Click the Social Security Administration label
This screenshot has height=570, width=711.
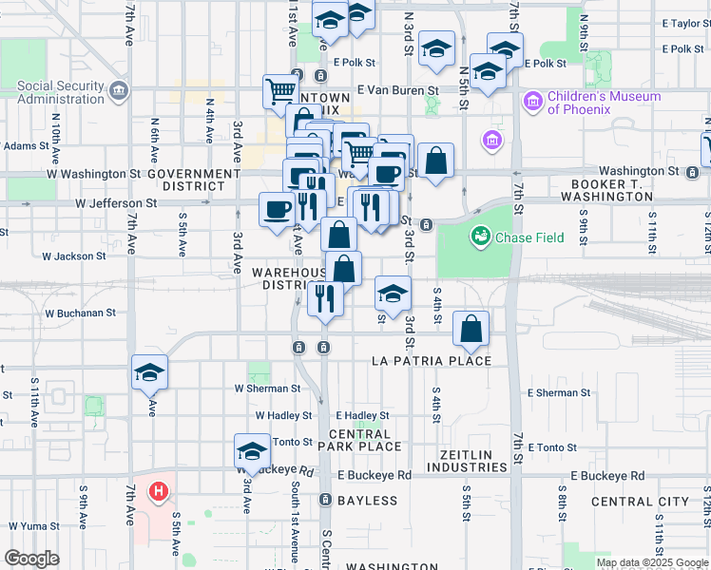[x=61, y=92]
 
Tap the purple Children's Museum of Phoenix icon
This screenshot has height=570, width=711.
[x=531, y=100]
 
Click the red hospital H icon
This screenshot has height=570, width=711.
[x=159, y=492]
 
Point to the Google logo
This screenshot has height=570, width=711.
[x=30, y=559]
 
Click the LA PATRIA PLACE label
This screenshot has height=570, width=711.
[x=432, y=361]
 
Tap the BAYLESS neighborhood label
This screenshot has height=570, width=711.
[x=367, y=501]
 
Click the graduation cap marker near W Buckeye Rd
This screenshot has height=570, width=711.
[x=252, y=451]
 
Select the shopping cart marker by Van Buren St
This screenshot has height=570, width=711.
[x=281, y=92]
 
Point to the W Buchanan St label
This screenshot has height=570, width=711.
[x=80, y=312]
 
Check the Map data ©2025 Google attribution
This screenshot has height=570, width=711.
[x=652, y=562]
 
